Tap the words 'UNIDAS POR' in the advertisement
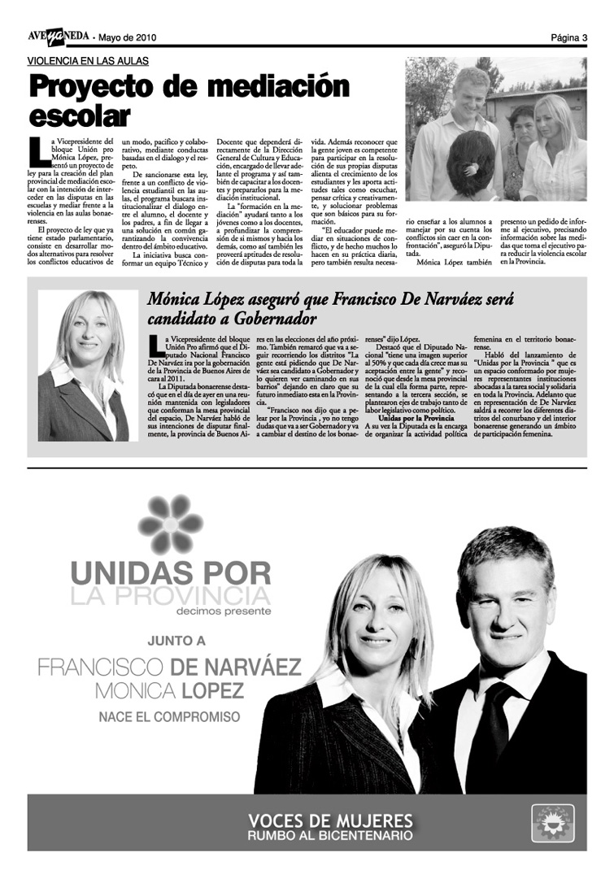coord(170,572)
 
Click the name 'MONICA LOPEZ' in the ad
coord(169,691)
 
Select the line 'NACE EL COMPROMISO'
coord(169,717)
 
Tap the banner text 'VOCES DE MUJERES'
coord(330,819)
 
